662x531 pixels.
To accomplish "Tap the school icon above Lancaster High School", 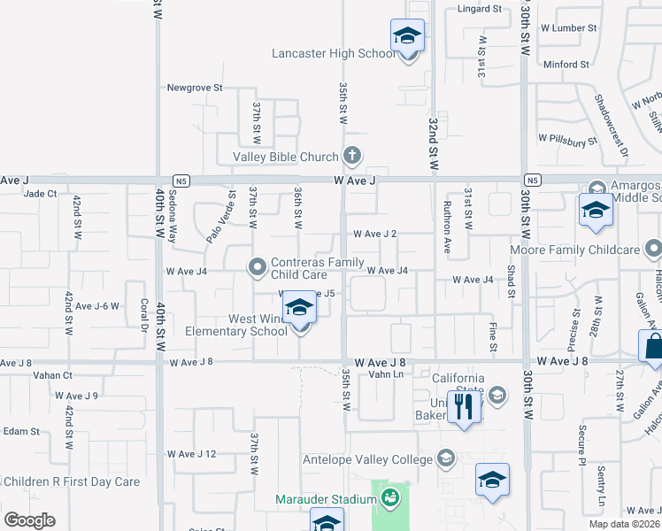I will pos(407,35).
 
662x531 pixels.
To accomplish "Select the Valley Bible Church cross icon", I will pos(352,157).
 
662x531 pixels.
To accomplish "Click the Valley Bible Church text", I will pos(286,157).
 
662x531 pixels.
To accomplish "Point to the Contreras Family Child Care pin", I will pos(258,265).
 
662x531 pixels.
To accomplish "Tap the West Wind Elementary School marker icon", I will pos(300,308).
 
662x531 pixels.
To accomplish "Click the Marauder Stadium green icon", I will pos(389,499).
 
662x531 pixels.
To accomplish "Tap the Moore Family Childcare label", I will pos(586,250).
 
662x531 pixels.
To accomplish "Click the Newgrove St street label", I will pos(195,88).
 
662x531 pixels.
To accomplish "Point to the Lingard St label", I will pos(480,9).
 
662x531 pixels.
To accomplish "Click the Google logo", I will pos(29,520).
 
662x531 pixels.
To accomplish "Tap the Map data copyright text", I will pos(624,524).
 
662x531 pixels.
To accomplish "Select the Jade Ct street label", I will pos(41,193).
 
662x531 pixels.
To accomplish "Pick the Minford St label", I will pos(566,65).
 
